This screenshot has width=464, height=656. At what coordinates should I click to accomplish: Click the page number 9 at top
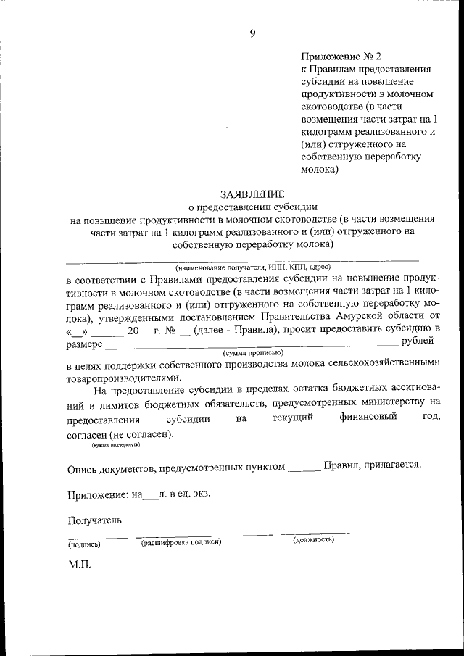tap(252, 32)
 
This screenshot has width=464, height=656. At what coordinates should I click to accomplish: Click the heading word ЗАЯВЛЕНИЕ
tap(252, 194)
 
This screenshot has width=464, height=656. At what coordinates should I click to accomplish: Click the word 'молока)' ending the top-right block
tap(320, 172)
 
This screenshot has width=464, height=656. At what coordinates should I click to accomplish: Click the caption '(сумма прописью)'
tap(253, 352)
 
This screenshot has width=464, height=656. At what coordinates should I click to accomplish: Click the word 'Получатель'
tap(91, 520)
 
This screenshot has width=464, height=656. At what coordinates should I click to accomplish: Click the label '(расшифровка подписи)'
tap(181, 541)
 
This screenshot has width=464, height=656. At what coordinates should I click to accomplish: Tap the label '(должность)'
tap(313, 540)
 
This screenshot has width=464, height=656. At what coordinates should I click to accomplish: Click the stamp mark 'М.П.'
tap(80, 563)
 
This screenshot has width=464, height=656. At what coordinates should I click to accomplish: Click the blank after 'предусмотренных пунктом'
tap(304, 468)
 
